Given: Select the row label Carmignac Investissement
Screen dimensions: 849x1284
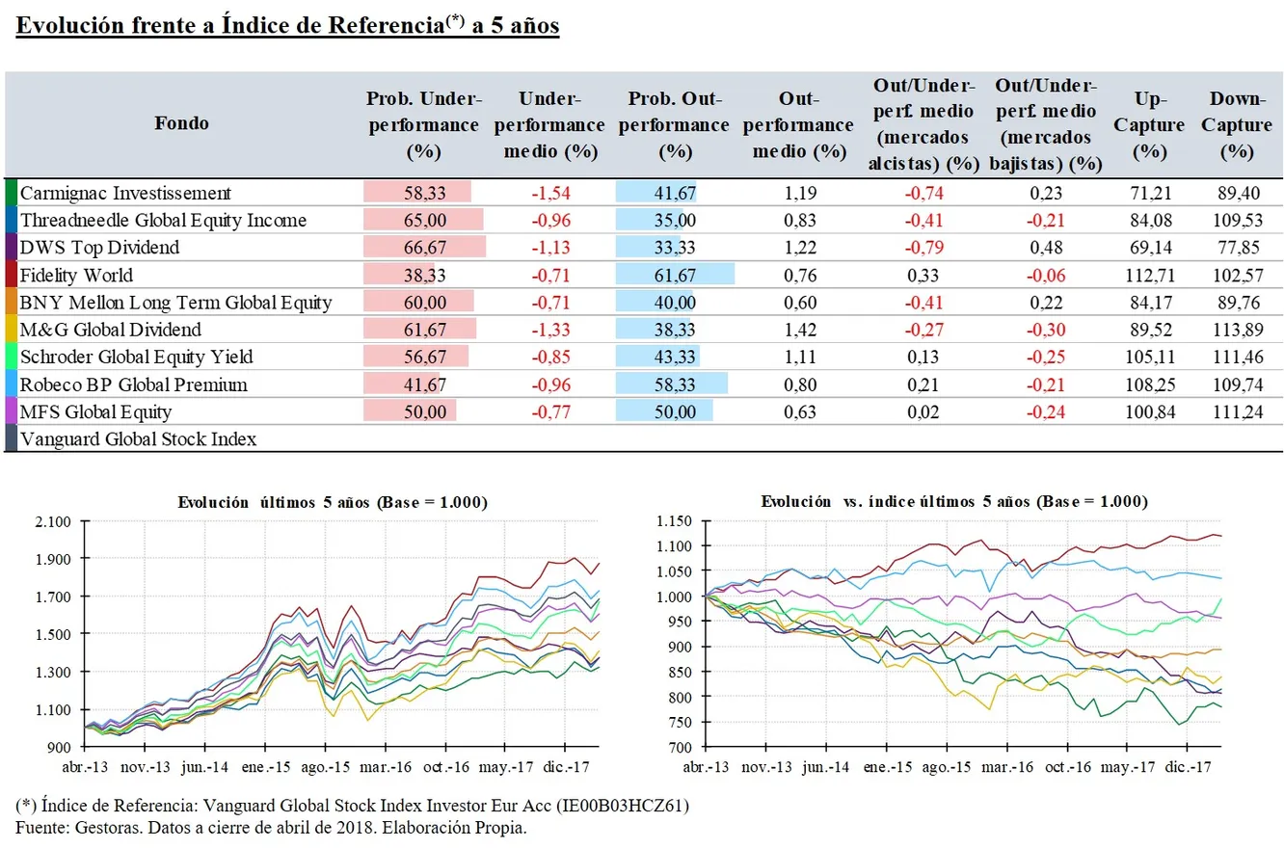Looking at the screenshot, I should click(x=126, y=192).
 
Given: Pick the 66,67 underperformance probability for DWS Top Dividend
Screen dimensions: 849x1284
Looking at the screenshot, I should click(x=423, y=248).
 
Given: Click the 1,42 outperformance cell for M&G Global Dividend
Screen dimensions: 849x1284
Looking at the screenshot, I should click(x=799, y=331).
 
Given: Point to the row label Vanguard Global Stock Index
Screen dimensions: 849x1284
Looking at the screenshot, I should click(x=138, y=440).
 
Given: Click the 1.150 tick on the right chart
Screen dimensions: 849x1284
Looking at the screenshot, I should click(x=675, y=522).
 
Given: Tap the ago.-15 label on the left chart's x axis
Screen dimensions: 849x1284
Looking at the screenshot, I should click(x=324, y=768).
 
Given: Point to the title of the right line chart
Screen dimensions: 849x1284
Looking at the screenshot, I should click(x=953, y=502).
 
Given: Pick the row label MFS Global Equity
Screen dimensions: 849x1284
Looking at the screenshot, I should click(x=95, y=412).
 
